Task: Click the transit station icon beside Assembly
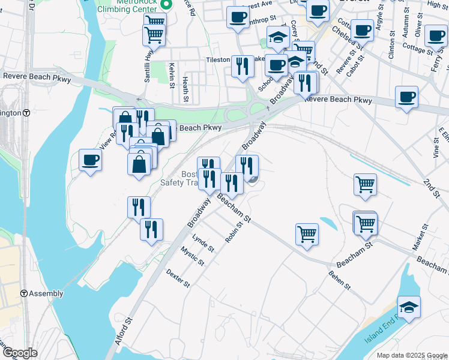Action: pos(23,293)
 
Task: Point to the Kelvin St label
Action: pos(172,76)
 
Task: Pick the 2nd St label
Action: pos(432,184)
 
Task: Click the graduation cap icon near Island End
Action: pos(409,307)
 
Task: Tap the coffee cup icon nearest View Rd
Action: pos(91,160)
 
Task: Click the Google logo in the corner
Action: pos(19,353)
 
